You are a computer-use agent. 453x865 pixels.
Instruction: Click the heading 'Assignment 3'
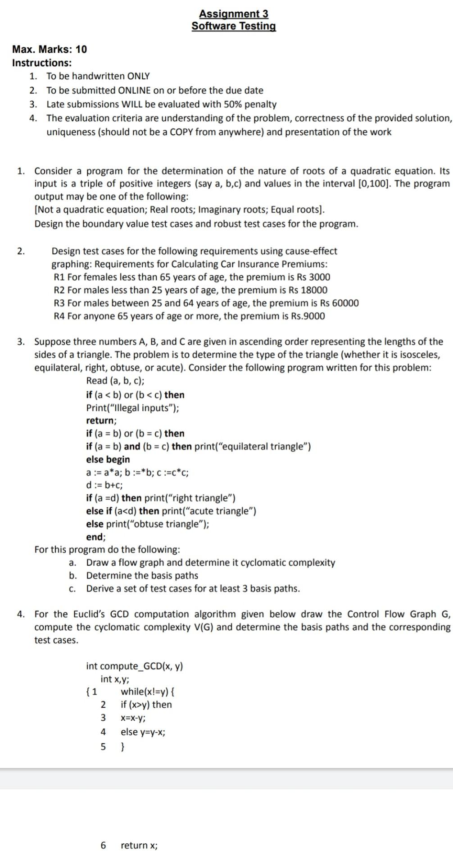click(x=233, y=14)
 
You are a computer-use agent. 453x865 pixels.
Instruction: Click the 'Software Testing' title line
click(x=233, y=26)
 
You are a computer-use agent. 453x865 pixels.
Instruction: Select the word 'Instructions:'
click(x=41, y=63)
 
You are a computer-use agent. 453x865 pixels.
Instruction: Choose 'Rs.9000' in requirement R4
click(x=308, y=316)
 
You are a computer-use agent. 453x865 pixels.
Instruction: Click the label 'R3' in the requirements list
click(x=59, y=303)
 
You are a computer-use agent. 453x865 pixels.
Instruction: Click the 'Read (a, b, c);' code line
click(x=115, y=381)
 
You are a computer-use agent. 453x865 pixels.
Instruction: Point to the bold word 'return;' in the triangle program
click(x=101, y=420)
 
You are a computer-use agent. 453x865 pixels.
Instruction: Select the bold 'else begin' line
click(x=108, y=460)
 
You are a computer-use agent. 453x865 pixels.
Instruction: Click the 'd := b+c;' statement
click(x=104, y=485)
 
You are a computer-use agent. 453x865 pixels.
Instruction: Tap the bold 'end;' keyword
click(x=95, y=537)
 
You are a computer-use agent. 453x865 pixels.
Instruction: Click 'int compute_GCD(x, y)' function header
click(x=134, y=666)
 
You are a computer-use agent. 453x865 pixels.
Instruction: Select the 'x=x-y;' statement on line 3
click(x=133, y=718)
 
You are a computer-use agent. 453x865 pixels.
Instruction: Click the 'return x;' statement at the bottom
click(x=139, y=846)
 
